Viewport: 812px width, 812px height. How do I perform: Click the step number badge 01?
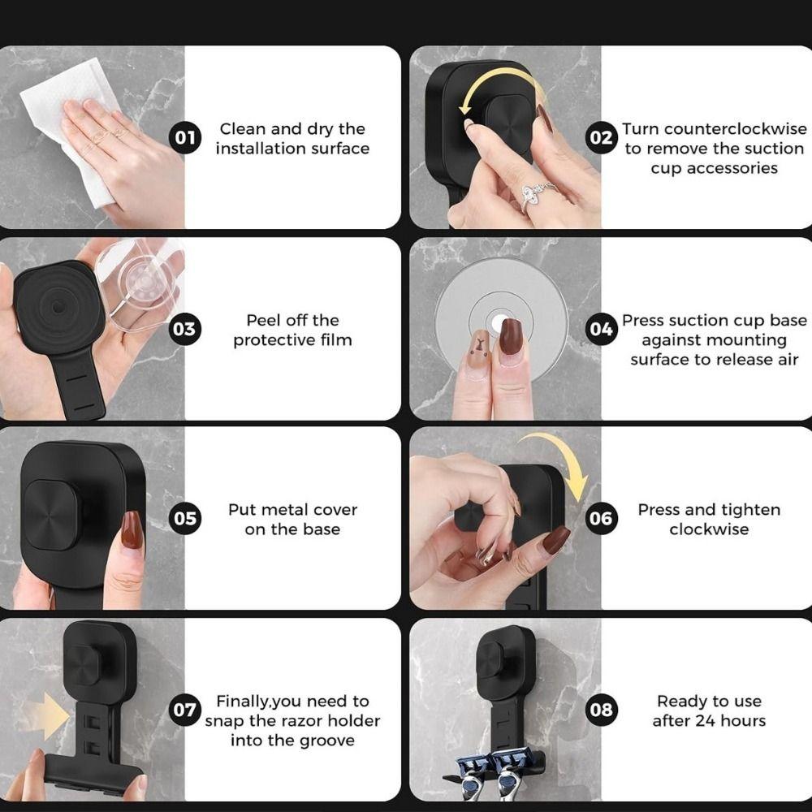185,138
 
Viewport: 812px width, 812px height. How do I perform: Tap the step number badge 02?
601,138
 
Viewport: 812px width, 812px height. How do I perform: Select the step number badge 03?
185,330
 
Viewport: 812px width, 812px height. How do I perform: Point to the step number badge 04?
601,330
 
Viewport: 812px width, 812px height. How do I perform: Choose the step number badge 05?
185,518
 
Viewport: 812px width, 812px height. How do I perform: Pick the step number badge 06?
601,518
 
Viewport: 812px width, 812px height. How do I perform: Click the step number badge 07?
185,710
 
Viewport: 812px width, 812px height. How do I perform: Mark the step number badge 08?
601,710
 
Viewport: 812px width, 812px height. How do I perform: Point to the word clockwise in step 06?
709,529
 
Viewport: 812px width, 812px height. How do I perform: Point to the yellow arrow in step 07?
50,716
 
